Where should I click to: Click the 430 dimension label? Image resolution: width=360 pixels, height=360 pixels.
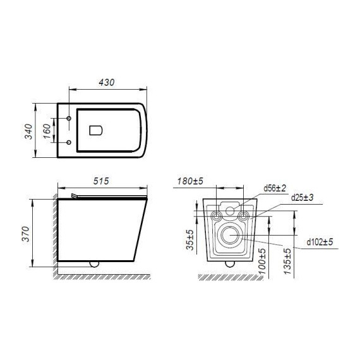[x=106, y=83]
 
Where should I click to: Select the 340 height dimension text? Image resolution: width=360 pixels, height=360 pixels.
[x=28, y=131]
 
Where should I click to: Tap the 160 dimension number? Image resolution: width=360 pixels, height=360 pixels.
[x=47, y=131]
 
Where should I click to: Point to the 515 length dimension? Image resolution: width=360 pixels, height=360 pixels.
[x=101, y=181]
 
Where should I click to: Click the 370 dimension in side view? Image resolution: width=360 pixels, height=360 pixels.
[x=25, y=234]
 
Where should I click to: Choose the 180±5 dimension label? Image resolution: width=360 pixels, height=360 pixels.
[x=190, y=181]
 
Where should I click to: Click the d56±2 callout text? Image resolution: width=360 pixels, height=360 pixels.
[x=275, y=188]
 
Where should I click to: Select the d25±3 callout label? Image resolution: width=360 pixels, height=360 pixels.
[x=302, y=198]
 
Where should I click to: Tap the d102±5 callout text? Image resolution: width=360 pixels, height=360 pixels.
[x=320, y=242]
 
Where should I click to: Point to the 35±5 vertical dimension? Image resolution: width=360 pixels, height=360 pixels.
[x=190, y=240]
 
